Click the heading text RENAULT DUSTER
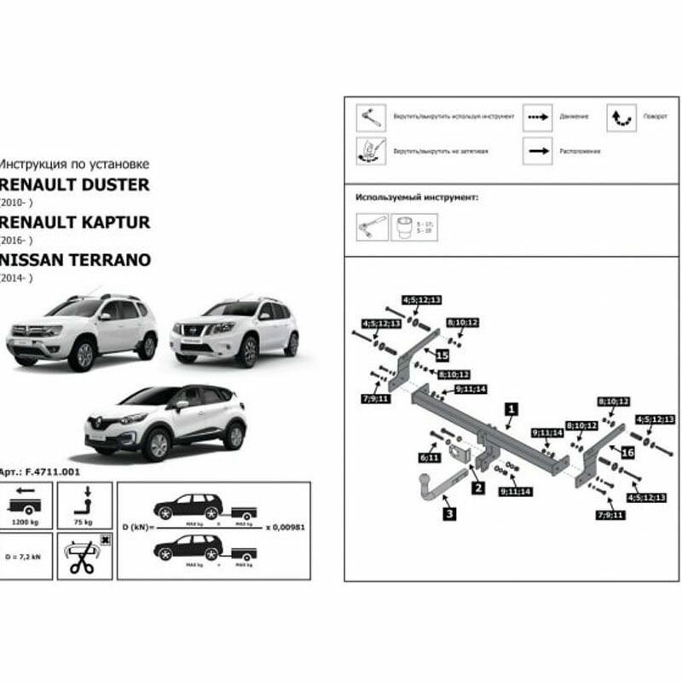pyautogui.click(x=74, y=185)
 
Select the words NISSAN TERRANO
pyautogui.click(x=76, y=259)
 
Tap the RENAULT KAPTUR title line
pyautogui.click(x=75, y=223)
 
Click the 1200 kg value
pyautogui.click(x=26, y=519)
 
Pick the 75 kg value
pyautogui.click(x=84, y=519)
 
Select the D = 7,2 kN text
pyautogui.click(x=26, y=556)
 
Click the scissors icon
pyautogui.click(x=84, y=558)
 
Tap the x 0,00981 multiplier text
pyautogui.click(x=286, y=527)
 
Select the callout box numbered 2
pyautogui.click(x=478, y=488)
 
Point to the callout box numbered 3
pyautogui.click(x=449, y=513)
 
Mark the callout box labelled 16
pyautogui.click(x=627, y=452)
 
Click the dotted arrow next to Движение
pyautogui.click(x=537, y=116)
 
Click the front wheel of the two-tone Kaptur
pyautogui.click(x=157, y=445)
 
